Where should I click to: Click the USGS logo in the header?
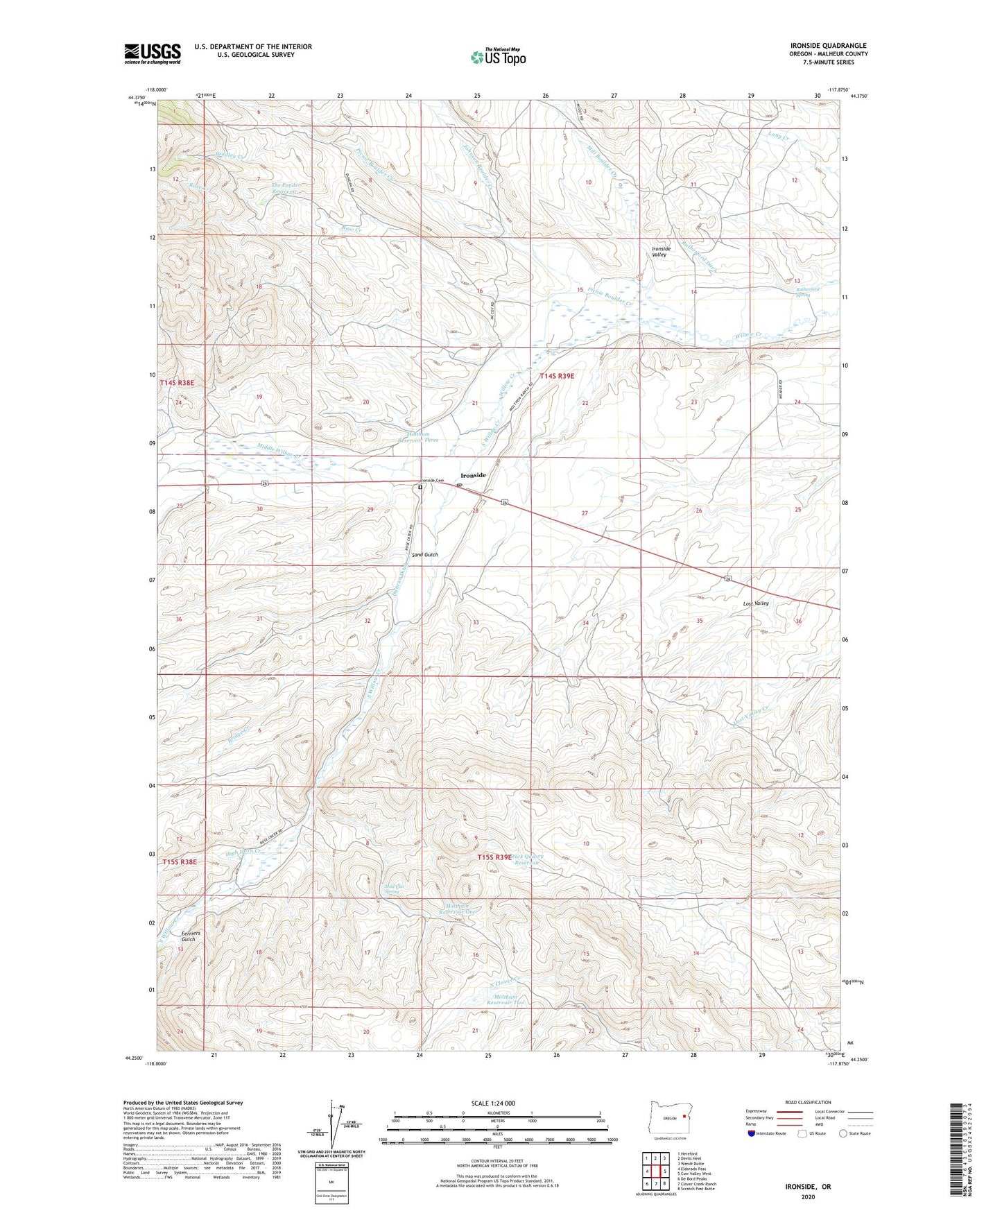[153, 53]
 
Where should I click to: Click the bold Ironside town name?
[473, 475]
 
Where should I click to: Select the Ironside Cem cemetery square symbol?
[420, 488]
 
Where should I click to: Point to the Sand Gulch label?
[425, 555]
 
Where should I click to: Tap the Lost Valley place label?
[756, 603]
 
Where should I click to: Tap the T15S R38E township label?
[180, 861]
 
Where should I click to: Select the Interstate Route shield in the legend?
[752, 1133]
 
